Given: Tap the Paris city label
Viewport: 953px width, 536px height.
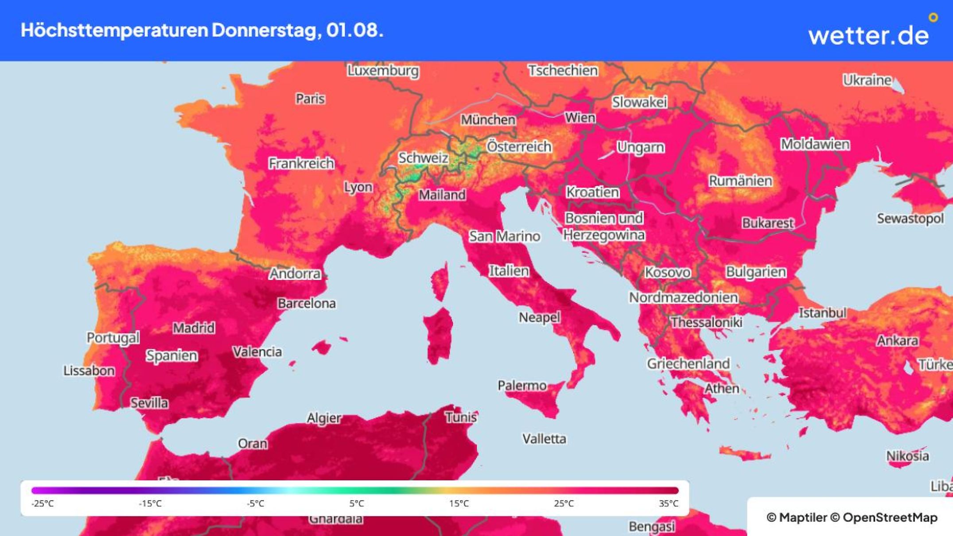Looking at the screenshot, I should pos(310,98).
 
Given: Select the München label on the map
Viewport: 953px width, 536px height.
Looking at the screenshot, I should pos(488,120).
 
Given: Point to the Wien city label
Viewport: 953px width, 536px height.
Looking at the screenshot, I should pos(580,117).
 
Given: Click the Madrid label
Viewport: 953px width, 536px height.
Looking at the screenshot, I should pos(194,328).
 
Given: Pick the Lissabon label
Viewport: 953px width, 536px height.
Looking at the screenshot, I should pos(89,370).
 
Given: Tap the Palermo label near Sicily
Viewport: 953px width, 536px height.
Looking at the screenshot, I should pos(522,385).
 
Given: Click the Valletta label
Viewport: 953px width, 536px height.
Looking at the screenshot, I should pos(544,439).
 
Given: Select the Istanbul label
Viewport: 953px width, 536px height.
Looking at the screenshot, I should pos(822,313).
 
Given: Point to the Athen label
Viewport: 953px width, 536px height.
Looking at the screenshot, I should pos(722,388).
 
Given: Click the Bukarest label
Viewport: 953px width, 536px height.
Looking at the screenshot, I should pos(768,223).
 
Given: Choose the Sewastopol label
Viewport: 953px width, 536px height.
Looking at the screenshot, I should pos(910,218).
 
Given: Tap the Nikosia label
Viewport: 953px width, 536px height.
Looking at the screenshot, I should pos(907,456).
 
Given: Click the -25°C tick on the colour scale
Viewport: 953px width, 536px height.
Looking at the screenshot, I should pos(43,504).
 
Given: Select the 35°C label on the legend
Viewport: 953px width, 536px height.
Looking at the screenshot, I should pos(669,504).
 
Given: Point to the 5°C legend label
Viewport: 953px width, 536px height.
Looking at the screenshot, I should pos(357,504).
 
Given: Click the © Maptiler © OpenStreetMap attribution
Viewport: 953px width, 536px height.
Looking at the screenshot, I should pos(852,517).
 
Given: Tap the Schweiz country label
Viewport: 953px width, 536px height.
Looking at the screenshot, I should pos(423,158).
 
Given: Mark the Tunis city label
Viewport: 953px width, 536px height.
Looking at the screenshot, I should pos(461,417).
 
